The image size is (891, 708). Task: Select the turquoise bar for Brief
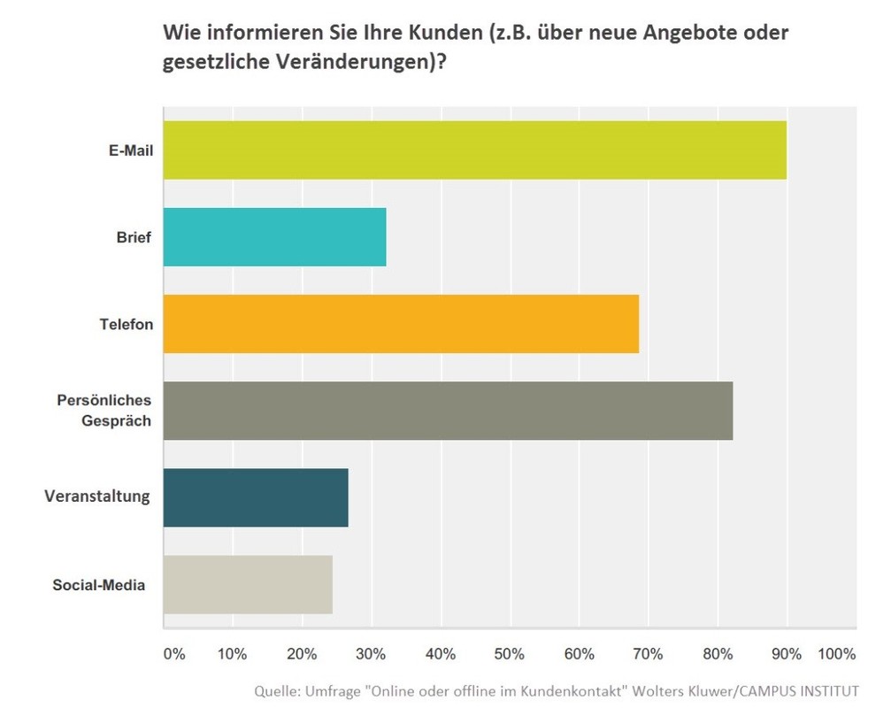click(275, 237)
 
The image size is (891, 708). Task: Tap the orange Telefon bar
click(401, 324)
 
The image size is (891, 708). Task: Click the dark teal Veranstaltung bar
click(256, 497)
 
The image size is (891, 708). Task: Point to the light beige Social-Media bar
click(248, 584)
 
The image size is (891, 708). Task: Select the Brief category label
click(134, 237)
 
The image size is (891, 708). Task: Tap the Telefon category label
click(127, 324)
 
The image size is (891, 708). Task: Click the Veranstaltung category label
click(97, 496)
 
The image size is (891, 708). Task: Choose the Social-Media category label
click(99, 584)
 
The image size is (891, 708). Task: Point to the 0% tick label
click(174, 655)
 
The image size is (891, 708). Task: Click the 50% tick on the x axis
click(509, 655)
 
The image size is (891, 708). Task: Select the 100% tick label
click(836, 655)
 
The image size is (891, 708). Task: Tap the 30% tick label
click(371, 655)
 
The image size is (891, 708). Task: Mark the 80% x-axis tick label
click(718, 655)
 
